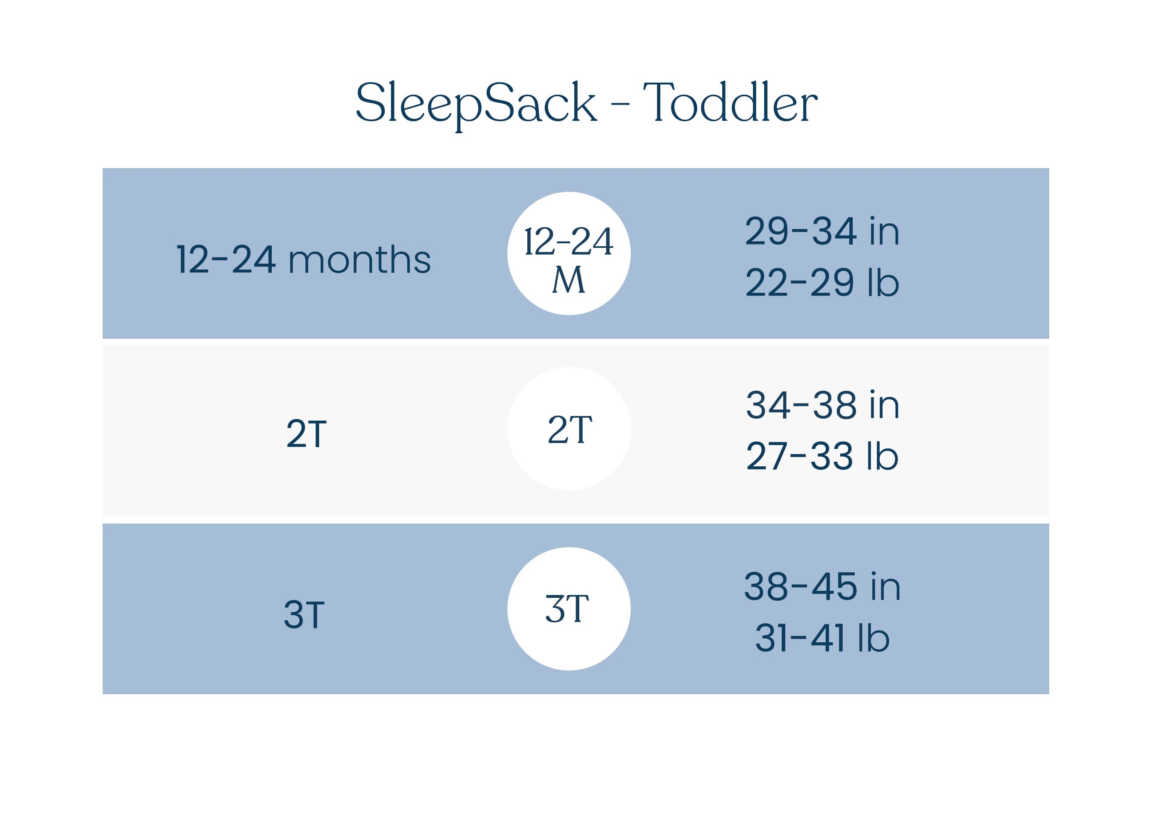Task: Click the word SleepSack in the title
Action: click(475, 103)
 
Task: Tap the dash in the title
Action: click(620, 105)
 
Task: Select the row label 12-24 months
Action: click(303, 260)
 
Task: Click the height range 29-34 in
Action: click(822, 231)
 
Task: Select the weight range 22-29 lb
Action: click(822, 283)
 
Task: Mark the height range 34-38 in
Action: click(822, 406)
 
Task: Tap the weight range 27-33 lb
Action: click(822, 456)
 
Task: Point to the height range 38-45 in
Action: click(822, 587)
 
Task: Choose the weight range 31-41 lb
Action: click(822, 638)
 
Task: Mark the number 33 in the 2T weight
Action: click(832, 456)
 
